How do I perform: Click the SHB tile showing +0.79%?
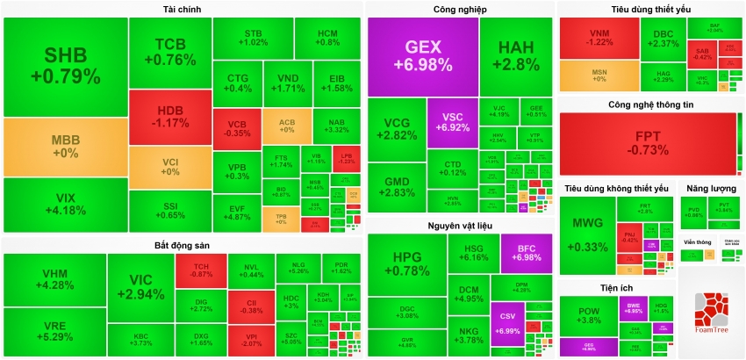(x=66, y=66)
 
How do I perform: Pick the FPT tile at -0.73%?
(x=648, y=143)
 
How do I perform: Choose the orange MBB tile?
(x=66, y=147)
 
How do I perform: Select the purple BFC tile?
(x=526, y=253)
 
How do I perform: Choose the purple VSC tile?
(x=452, y=122)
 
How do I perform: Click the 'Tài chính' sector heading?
(x=181, y=9)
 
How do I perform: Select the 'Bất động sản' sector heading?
(x=181, y=244)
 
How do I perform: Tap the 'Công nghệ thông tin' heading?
(x=650, y=104)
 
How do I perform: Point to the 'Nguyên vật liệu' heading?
(x=459, y=227)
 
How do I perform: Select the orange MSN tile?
(x=599, y=75)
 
